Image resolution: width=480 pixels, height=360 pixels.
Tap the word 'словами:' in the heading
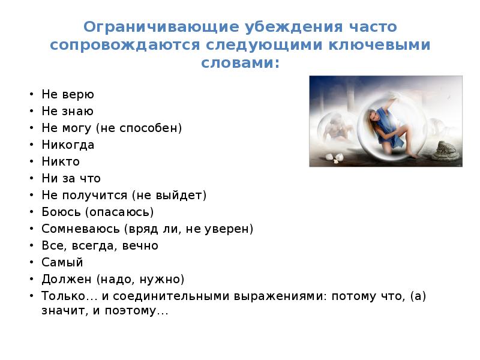point(239,62)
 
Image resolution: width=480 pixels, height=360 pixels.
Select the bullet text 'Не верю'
point(68,94)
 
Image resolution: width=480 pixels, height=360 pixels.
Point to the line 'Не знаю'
point(68,111)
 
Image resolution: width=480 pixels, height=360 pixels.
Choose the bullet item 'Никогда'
point(68,145)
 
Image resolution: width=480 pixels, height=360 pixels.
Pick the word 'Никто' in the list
point(61,161)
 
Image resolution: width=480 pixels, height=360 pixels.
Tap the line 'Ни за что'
point(71,178)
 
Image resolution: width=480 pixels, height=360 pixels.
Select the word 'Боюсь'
point(61,212)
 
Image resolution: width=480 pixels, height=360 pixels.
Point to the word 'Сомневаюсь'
point(80,229)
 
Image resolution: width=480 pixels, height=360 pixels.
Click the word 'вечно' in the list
point(142,245)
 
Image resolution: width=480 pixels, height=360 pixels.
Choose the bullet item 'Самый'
point(62,262)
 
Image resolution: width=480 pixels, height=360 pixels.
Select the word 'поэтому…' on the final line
point(143,312)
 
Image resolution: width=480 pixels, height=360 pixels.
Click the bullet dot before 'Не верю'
point(30,95)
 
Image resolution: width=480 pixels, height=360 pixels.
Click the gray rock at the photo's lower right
point(445,151)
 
